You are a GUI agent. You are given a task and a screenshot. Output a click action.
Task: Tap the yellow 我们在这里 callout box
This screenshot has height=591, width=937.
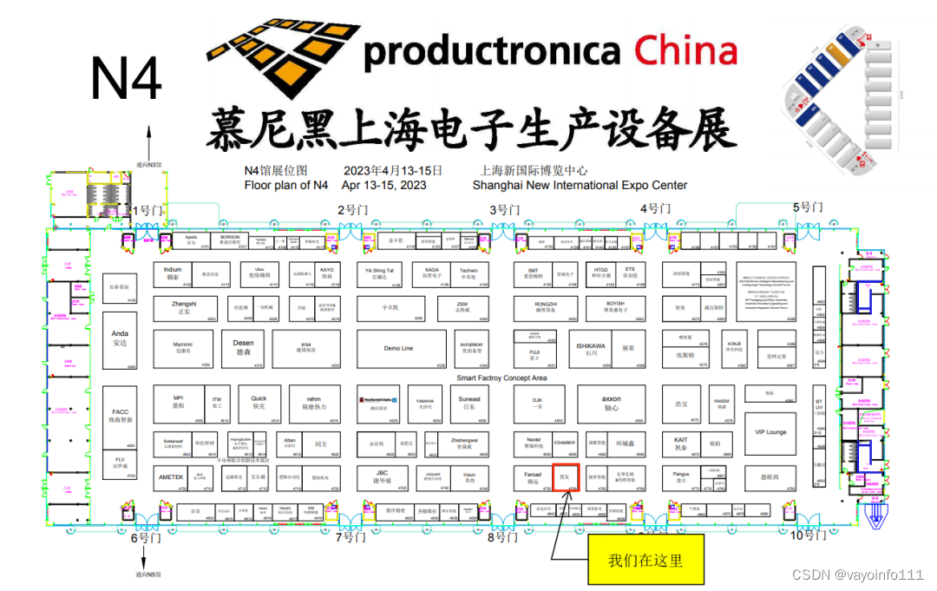click(x=645, y=559)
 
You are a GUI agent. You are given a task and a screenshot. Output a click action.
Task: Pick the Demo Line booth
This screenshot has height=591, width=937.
click(x=398, y=349)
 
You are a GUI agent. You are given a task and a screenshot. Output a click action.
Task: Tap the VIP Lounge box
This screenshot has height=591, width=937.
click(x=770, y=431)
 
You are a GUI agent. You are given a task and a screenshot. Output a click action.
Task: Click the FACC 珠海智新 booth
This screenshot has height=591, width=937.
click(x=120, y=417)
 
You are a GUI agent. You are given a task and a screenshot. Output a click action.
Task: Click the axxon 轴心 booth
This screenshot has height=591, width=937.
click(x=612, y=403)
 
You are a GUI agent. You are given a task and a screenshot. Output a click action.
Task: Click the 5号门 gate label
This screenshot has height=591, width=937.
click(x=807, y=207)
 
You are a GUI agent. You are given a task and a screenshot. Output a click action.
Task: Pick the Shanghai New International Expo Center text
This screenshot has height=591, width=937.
click(x=580, y=185)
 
